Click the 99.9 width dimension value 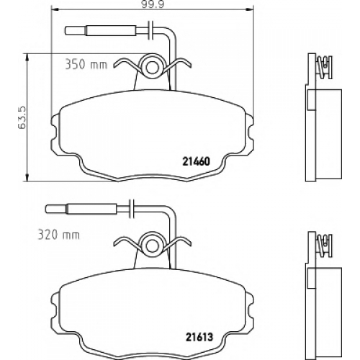(x=153, y=4)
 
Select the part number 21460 (x=197, y=161)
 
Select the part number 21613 (x=199, y=337)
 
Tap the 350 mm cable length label (x=86, y=65)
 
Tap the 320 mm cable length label (x=59, y=235)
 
